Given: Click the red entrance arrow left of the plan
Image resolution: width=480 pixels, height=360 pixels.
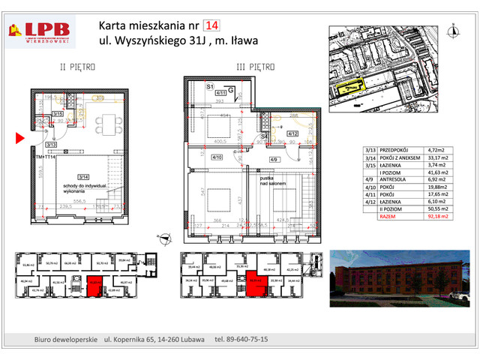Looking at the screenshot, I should [20, 137].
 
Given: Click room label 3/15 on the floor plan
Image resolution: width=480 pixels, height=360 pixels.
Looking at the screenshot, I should [58, 114].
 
